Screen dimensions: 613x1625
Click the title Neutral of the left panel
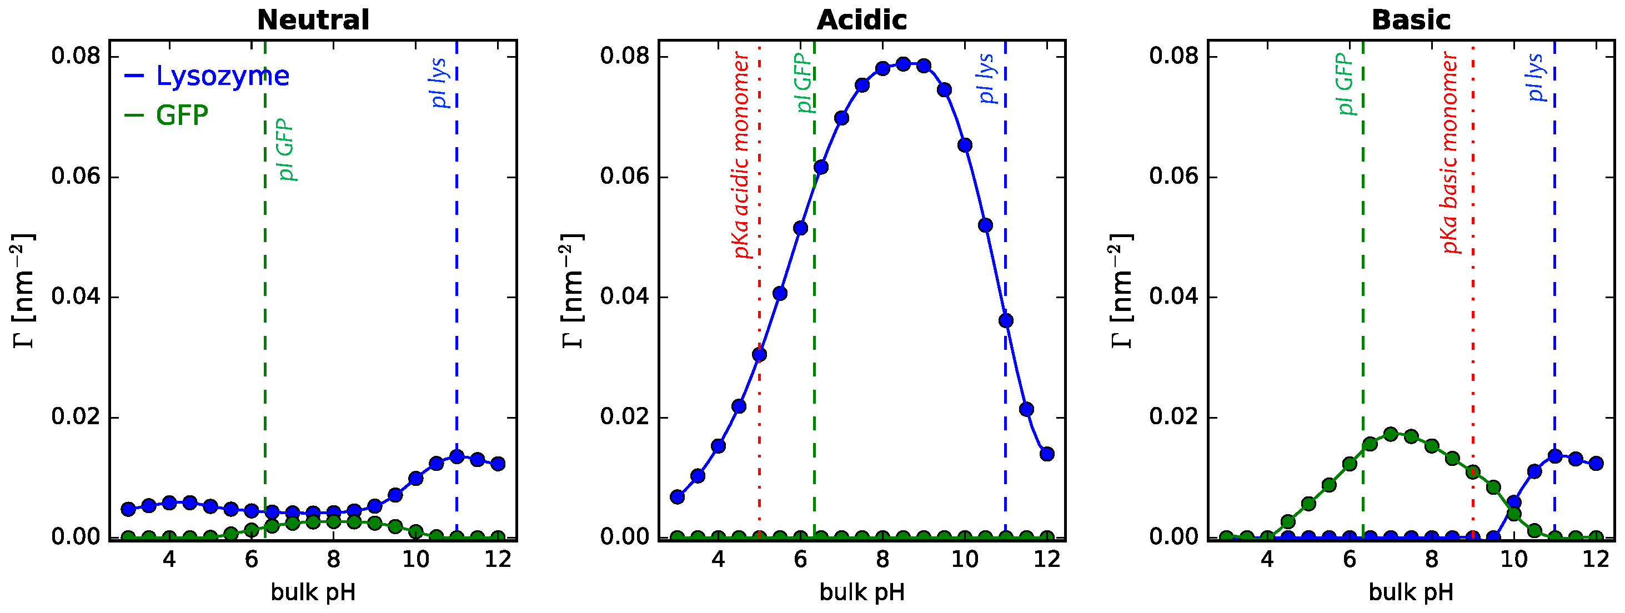click(313, 20)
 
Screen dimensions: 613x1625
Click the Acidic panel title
click(862, 20)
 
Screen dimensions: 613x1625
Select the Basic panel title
click(1411, 20)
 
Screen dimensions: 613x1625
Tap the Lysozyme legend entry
click(222, 76)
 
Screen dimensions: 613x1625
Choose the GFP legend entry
click(182, 115)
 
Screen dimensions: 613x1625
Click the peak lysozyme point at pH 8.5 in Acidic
click(904, 64)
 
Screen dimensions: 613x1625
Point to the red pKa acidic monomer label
click(742, 155)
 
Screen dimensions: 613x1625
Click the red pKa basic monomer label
click(1451, 153)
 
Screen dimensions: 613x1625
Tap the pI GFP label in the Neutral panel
click(287, 149)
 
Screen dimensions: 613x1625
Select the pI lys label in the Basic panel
click(1536, 78)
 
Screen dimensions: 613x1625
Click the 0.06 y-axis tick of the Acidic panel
click(625, 176)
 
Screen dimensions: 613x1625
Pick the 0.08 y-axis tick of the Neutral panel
click(76, 56)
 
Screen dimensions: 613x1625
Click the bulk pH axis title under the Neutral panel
click(313, 593)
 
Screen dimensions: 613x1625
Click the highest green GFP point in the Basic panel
click(1390, 434)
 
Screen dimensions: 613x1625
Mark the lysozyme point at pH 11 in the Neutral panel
click(457, 456)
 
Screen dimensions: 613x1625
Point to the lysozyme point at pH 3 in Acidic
click(678, 497)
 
